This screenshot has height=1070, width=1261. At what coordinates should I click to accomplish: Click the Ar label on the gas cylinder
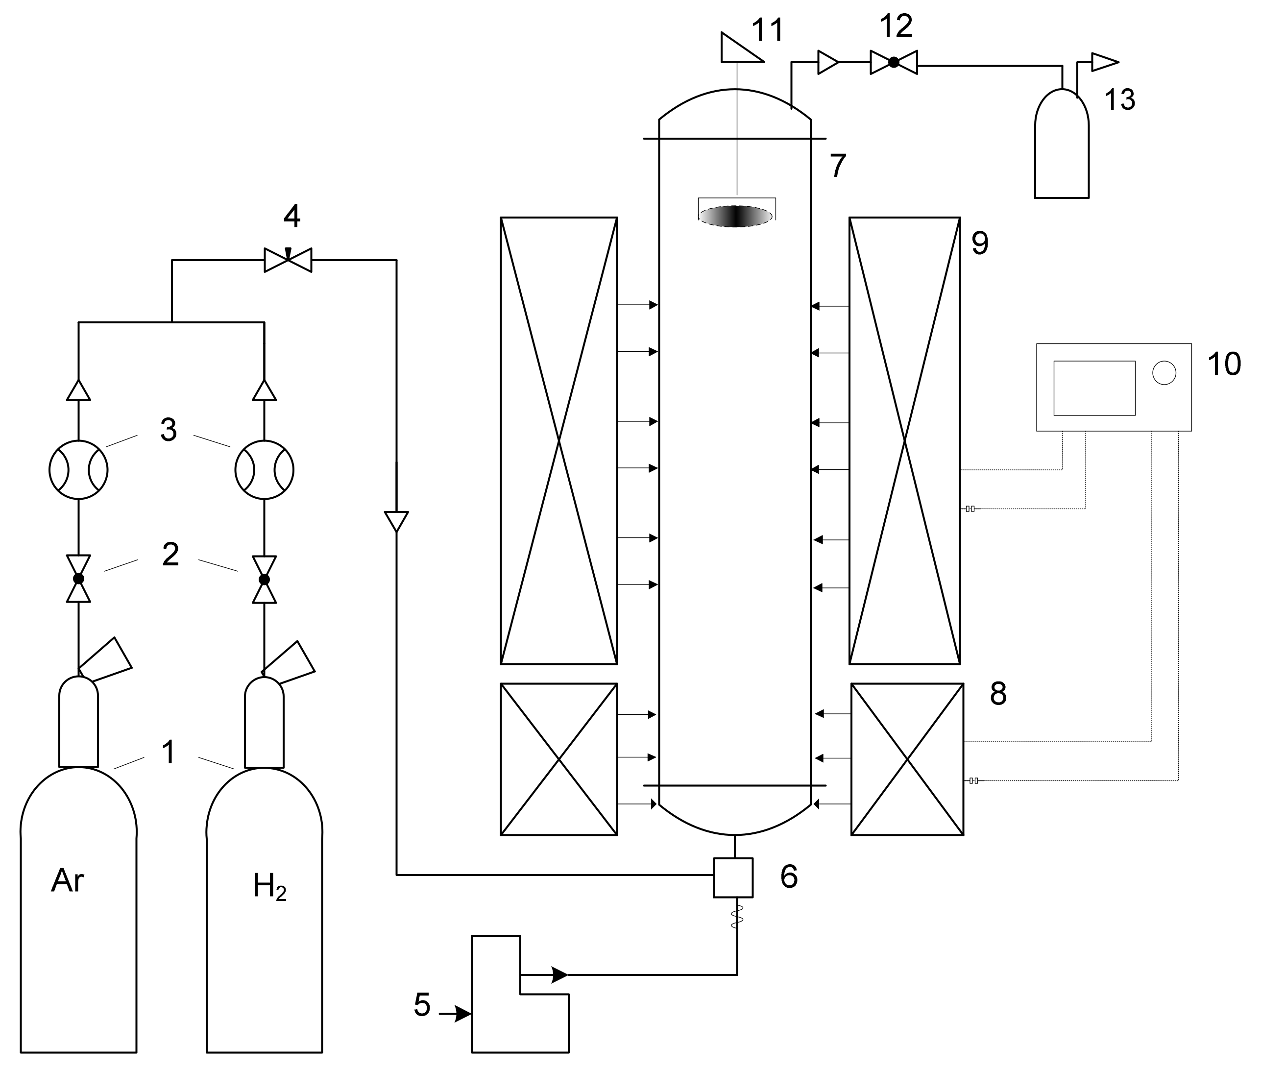(67, 881)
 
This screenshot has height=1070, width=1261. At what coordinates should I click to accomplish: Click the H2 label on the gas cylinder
(269, 886)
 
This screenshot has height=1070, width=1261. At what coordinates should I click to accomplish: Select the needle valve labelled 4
(288, 260)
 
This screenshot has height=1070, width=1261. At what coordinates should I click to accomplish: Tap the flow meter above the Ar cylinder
(78, 470)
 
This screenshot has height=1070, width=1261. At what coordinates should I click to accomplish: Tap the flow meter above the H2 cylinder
(265, 470)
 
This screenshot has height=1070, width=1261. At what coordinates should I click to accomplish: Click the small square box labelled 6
(733, 877)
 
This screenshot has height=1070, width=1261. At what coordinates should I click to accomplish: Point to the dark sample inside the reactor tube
(736, 217)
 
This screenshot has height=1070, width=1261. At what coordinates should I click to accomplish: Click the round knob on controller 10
(1164, 372)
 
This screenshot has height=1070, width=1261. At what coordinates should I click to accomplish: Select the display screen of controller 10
(1094, 388)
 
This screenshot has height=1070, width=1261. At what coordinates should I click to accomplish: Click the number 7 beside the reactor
(838, 166)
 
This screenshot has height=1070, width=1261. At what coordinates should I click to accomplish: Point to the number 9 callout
(980, 243)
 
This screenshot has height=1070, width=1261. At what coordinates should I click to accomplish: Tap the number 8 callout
(998, 693)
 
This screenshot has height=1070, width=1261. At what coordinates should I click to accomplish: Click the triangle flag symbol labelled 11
(739, 49)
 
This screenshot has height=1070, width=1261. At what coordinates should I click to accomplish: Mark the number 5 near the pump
(422, 1005)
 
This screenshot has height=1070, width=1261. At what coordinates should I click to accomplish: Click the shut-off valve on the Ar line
(78, 579)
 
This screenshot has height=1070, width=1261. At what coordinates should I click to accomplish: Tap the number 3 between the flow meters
(169, 430)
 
